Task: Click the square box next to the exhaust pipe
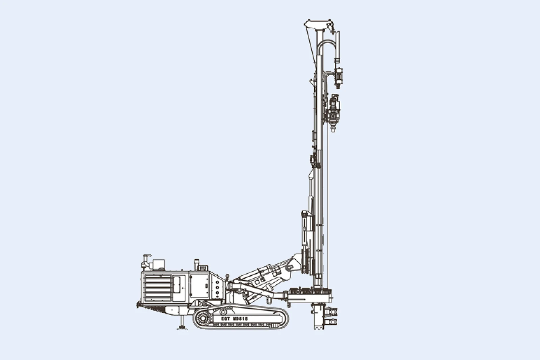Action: [159, 264]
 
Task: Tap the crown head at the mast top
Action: [318, 24]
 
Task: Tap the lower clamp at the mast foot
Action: [332, 322]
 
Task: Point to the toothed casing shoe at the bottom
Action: [318, 324]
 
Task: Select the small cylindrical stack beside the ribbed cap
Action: [196, 265]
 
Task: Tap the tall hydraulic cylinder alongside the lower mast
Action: [306, 229]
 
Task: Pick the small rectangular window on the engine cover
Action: [177, 284]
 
